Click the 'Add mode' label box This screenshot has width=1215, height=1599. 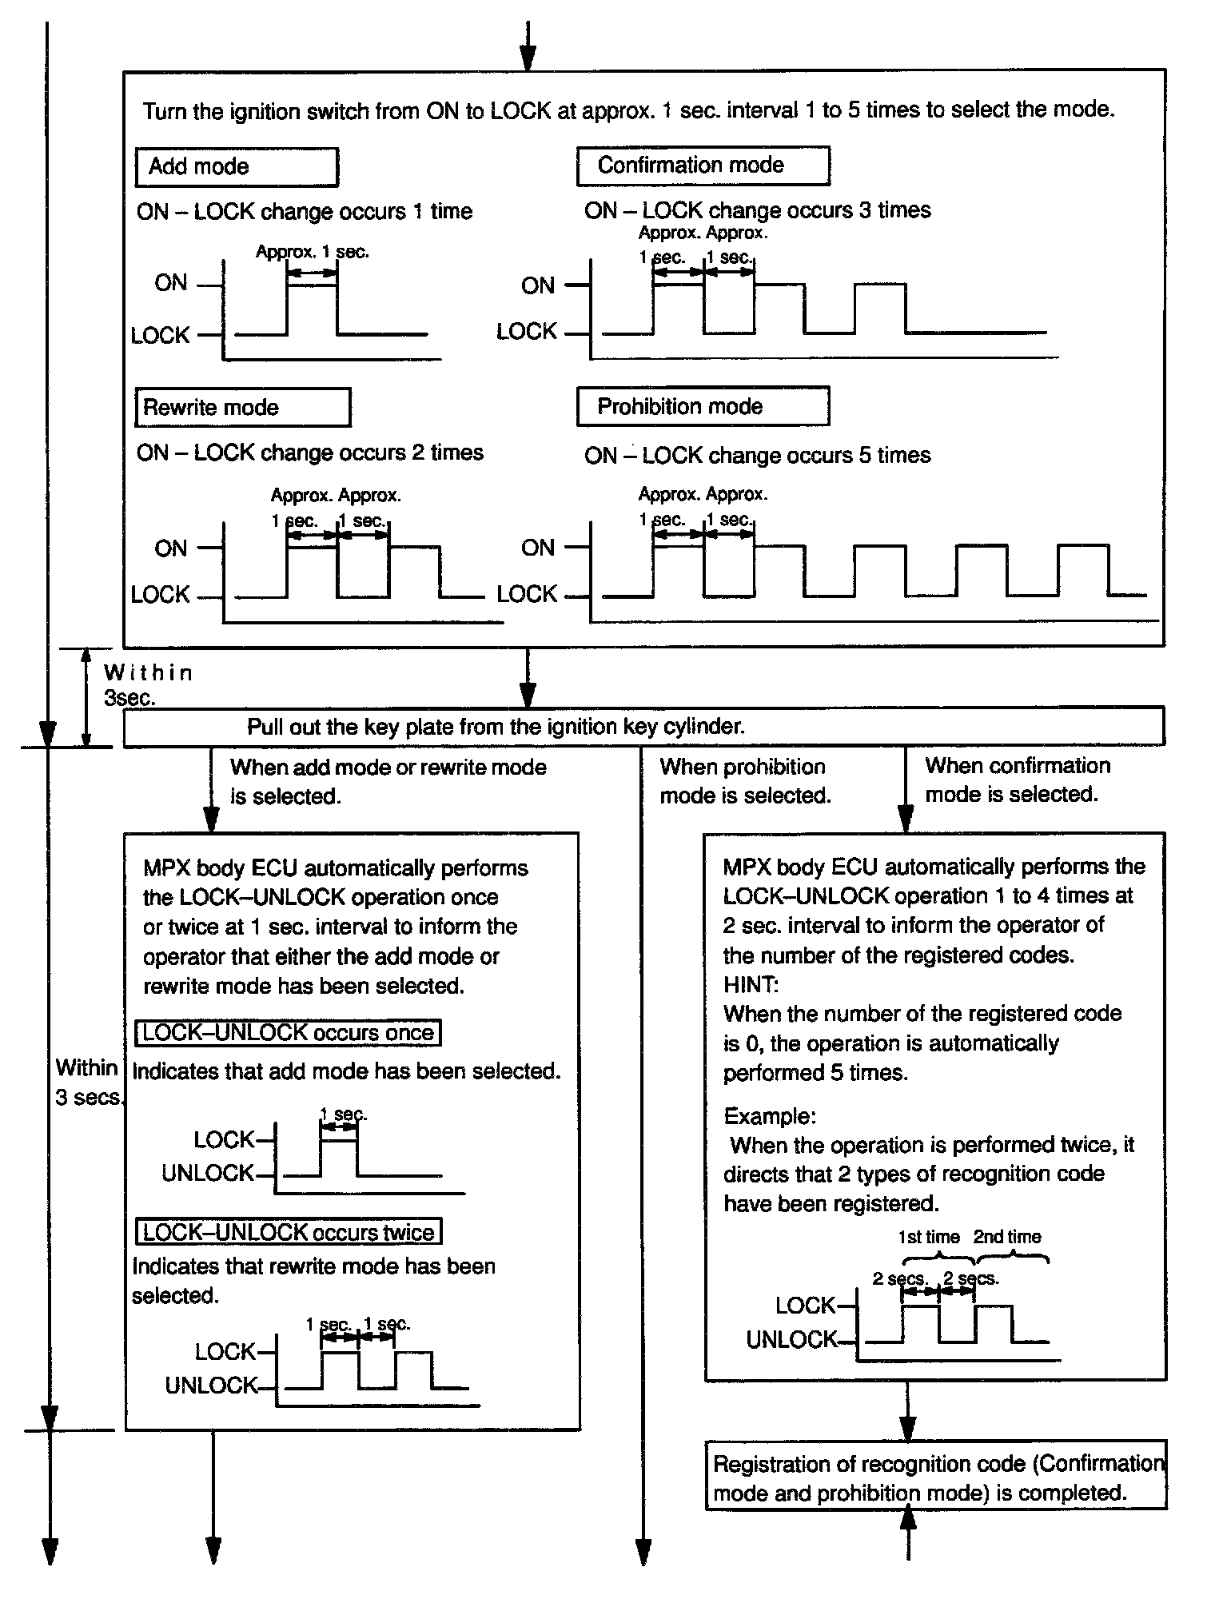237,167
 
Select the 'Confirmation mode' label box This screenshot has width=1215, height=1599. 703,165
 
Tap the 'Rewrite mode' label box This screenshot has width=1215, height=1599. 242,408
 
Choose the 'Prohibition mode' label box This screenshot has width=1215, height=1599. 702,407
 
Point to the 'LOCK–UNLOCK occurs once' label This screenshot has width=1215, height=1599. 288,1032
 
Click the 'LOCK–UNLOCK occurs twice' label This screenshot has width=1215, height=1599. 288,1232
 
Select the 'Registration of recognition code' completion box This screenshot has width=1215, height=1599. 935,1478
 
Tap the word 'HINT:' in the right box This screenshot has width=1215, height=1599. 750,984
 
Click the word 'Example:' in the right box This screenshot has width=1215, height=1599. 770,1115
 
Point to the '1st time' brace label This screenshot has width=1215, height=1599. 928,1237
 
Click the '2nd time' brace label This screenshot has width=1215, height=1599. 1007,1237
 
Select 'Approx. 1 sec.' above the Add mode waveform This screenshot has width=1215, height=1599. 312,252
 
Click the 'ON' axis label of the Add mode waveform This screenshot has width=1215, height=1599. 170,283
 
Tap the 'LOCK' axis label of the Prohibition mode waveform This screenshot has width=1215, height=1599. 526,594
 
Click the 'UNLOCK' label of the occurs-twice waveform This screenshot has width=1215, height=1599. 211,1386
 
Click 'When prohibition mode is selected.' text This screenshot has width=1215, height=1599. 745,781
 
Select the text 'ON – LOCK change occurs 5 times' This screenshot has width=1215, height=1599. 757,456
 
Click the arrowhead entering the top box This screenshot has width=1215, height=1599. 528,59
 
